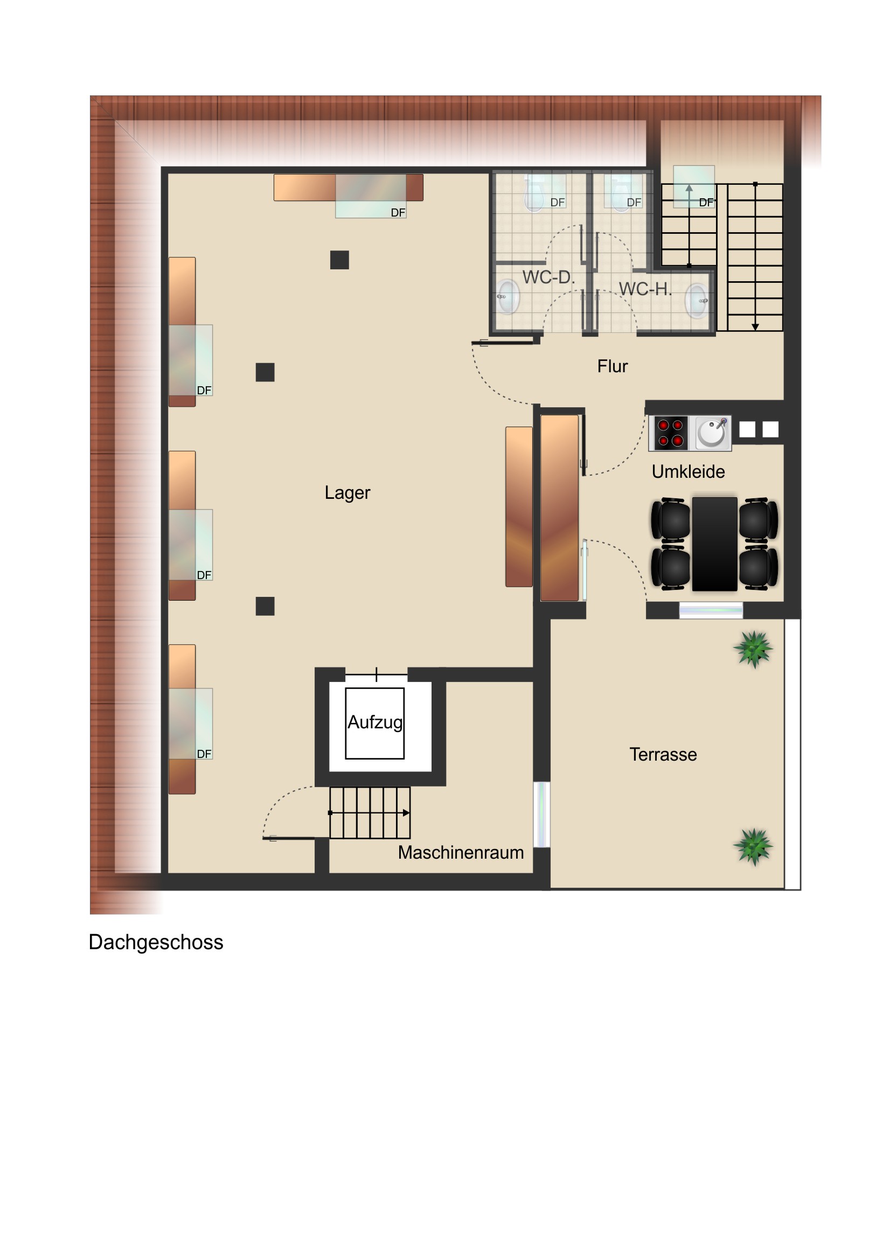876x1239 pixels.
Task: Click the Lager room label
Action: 347,493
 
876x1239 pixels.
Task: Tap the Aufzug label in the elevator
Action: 374,722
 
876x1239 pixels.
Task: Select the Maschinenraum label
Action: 461,852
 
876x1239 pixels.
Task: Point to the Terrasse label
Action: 663,754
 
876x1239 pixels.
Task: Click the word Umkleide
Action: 688,472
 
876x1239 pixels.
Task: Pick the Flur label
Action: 612,366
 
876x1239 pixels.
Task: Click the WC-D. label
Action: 548,277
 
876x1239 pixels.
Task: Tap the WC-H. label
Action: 645,289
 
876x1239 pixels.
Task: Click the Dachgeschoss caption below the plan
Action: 156,943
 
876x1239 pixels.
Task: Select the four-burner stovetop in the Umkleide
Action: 670,433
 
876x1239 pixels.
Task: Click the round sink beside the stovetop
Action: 712,433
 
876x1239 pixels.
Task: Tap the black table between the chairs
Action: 714,544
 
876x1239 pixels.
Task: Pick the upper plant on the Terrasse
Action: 753,649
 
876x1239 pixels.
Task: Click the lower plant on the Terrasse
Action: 753,846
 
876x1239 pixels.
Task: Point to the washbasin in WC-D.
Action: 507,296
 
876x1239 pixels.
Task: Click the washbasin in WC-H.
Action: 697,301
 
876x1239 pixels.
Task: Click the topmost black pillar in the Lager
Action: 339,260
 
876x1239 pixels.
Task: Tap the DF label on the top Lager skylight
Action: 398,213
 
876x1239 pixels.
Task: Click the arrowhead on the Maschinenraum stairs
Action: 406,813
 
